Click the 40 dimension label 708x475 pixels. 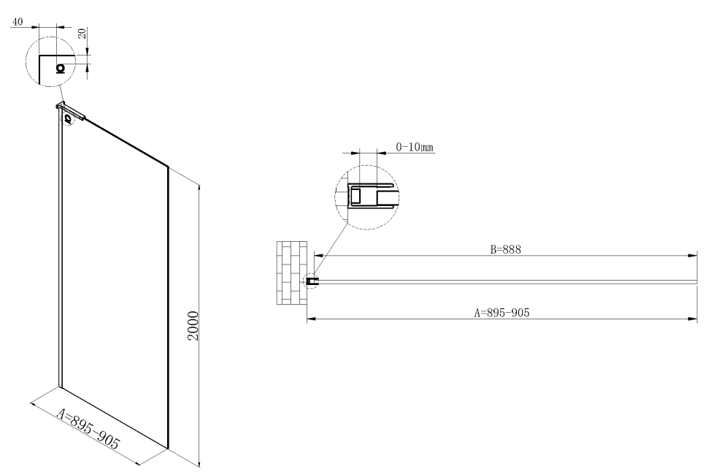[18, 23]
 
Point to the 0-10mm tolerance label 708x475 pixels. [415, 148]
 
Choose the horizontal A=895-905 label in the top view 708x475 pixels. [501, 312]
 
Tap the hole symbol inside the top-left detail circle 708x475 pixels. [60, 68]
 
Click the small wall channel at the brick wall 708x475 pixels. [312, 281]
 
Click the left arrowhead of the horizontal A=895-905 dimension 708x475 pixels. [310, 319]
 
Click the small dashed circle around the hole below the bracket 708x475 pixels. [68, 118]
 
